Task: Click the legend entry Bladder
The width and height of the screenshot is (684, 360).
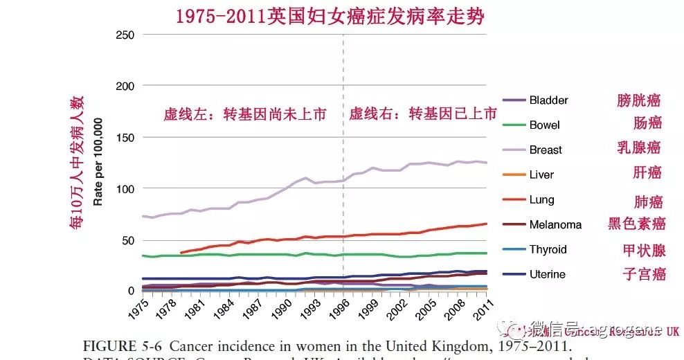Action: tap(548, 100)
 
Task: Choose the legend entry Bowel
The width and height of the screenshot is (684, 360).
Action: tap(544, 125)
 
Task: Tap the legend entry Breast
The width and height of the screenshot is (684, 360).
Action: tap(546, 150)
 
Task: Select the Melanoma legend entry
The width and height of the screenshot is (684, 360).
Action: tap(555, 225)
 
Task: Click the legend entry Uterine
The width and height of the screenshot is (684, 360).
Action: tap(547, 275)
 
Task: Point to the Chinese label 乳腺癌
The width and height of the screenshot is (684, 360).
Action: tap(638, 147)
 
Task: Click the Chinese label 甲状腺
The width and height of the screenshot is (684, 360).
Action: tap(643, 250)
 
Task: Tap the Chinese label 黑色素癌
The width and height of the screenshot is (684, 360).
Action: tap(637, 224)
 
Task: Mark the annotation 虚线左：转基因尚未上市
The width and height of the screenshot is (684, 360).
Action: tap(244, 114)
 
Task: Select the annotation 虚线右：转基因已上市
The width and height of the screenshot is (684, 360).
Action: tap(423, 114)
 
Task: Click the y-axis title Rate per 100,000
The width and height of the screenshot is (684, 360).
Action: tap(98, 162)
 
